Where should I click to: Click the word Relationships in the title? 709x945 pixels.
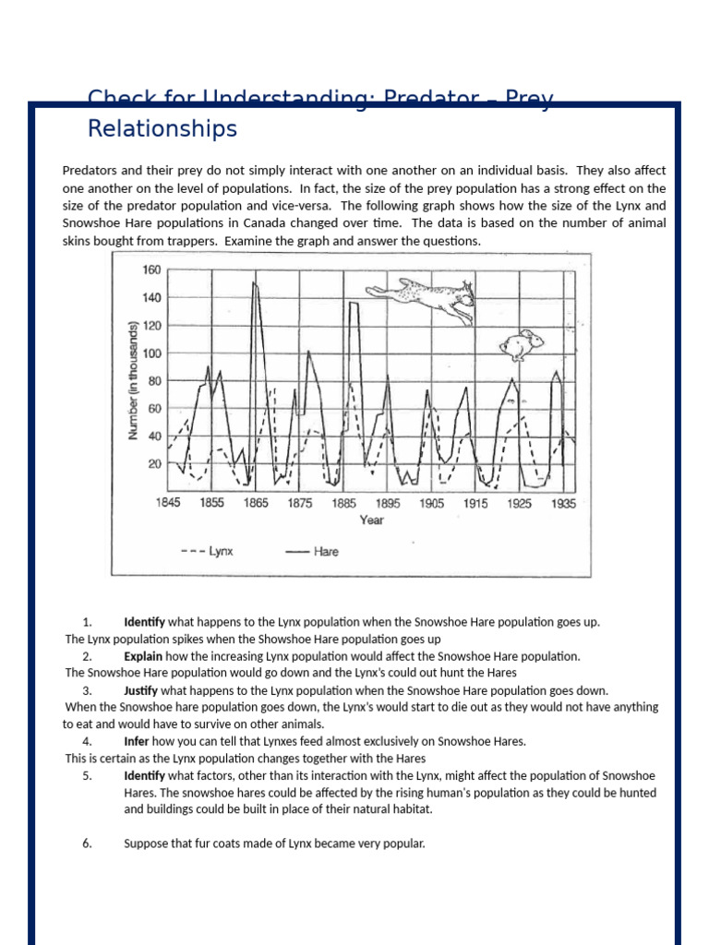tap(162, 129)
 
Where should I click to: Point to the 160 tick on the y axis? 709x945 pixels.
tap(151, 270)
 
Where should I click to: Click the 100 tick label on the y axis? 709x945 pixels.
tap(151, 353)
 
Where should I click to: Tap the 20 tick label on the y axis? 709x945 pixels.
tap(153, 464)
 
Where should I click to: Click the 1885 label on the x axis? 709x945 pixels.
tap(344, 504)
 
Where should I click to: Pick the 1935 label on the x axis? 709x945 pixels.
tap(563, 504)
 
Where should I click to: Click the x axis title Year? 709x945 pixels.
tap(371, 520)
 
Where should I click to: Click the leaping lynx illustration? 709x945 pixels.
tap(423, 299)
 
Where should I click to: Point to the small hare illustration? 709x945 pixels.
tap(521, 344)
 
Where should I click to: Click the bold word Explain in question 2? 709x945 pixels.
tap(144, 656)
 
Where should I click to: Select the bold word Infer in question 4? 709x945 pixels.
tap(137, 741)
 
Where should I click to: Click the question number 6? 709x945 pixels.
tap(87, 843)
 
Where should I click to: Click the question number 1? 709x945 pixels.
tap(87, 622)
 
